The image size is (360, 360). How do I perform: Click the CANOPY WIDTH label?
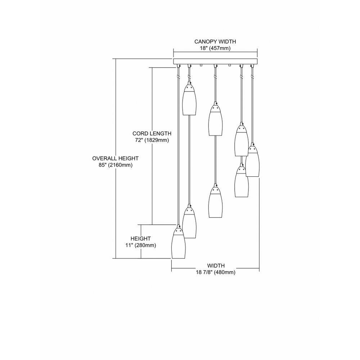pyautogui.click(x=215, y=41)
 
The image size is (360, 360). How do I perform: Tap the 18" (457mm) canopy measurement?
pyautogui.click(x=215, y=49)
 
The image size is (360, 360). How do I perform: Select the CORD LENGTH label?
pyautogui.click(x=152, y=134)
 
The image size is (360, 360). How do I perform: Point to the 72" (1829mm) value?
pyautogui.click(x=152, y=140)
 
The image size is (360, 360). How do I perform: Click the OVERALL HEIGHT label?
pyautogui.click(x=116, y=158)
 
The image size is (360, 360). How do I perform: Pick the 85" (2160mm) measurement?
pyautogui.click(x=116, y=165)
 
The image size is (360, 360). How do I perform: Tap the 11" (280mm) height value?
pyautogui.click(x=141, y=245)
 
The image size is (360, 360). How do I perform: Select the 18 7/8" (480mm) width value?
pyautogui.click(x=216, y=273)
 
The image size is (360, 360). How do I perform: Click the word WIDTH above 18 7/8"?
pyautogui.click(x=216, y=266)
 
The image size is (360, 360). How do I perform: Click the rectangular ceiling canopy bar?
pyautogui.click(x=215, y=61)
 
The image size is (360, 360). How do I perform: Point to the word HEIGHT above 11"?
pyautogui.click(x=141, y=239)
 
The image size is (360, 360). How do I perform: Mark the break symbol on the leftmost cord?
pyautogui.click(x=178, y=76)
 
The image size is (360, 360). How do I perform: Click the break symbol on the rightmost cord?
pyautogui.click(x=252, y=76)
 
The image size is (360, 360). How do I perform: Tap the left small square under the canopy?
pyautogui.click(x=201, y=65)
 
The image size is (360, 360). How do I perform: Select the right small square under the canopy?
pyautogui.click(x=229, y=65)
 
